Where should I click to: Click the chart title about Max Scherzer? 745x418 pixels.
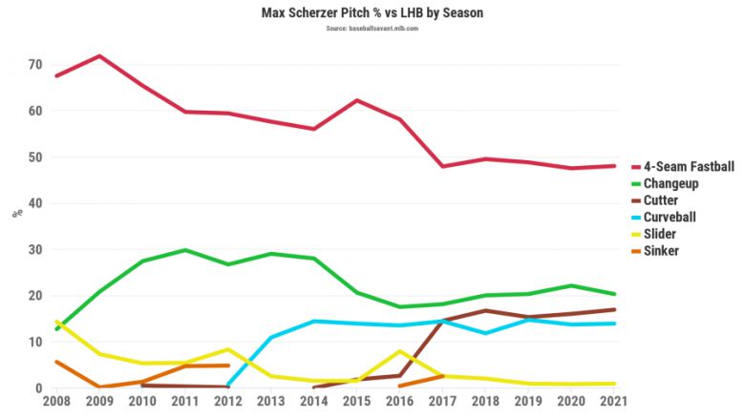click(372, 13)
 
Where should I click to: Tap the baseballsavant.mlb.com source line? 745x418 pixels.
click(372, 29)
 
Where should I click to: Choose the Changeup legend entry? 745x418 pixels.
click(673, 184)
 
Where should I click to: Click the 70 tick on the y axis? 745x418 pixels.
click(35, 65)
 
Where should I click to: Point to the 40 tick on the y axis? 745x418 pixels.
click(35, 203)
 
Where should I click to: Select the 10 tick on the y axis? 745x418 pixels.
click(35, 342)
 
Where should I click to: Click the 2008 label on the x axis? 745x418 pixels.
click(57, 402)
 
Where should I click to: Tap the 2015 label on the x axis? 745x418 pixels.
click(357, 402)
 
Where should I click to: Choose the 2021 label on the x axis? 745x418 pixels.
click(614, 402)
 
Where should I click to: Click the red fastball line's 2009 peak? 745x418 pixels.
click(99, 56)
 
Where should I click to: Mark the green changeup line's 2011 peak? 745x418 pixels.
click(185, 250)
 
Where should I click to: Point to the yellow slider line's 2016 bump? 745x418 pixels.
click(400, 351)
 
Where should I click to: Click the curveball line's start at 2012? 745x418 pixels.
click(228, 386)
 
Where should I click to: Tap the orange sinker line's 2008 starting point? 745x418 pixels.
click(57, 362)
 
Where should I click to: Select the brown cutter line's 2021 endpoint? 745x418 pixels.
click(614, 309)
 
